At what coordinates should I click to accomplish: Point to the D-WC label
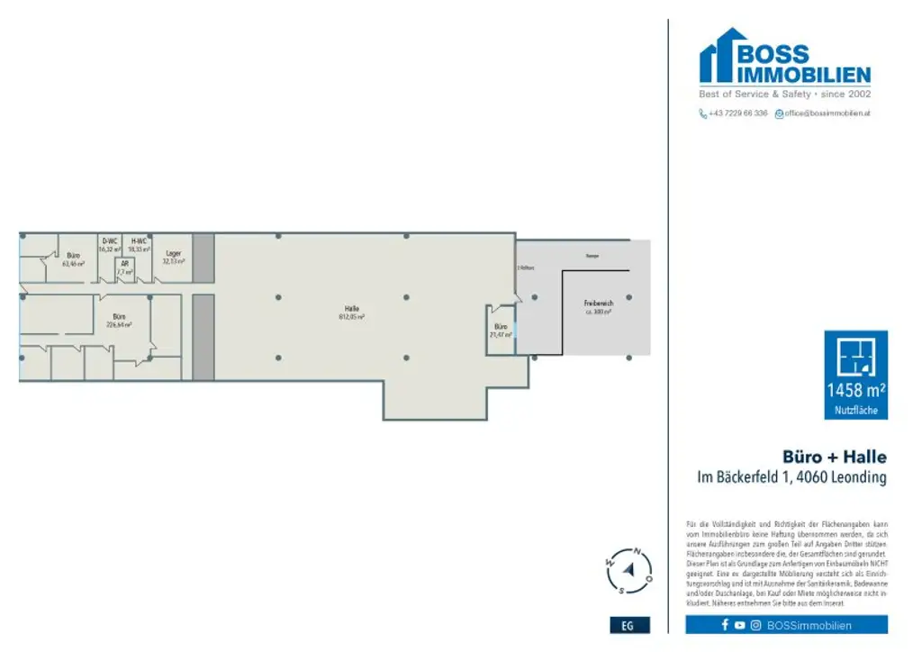pyautogui.click(x=109, y=241)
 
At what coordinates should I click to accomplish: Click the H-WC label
pyautogui.click(x=139, y=241)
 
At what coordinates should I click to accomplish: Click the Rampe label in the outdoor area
pyautogui.click(x=592, y=257)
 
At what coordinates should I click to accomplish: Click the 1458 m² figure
pyautogui.click(x=855, y=391)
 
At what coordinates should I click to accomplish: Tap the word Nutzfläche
pyautogui.click(x=855, y=411)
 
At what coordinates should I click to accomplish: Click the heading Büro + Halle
pyautogui.click(x=834, y=457)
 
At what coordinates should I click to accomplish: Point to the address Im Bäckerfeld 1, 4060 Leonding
pyautogui.click(x=791, y=478)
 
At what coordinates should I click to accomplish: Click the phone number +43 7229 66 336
pyautogui.click(x=737, y=113)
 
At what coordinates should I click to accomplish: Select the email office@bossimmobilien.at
pyautogui.click(x=827, y=113)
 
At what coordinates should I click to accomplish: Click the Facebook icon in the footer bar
pyautogui.click(x=725, y=625)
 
